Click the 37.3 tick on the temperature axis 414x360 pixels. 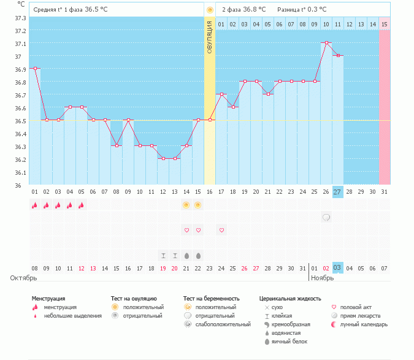20,18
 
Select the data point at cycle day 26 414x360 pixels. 326,43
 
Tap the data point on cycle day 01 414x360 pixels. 35,69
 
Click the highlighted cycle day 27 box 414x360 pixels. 337,192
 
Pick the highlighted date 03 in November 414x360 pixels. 337,268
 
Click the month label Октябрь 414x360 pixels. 23,278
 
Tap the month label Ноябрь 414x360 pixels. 323,278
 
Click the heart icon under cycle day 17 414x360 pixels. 221,230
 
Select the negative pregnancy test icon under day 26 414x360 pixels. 326,217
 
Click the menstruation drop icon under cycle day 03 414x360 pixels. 58,205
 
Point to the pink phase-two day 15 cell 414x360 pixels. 385,24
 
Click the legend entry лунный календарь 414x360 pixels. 364,324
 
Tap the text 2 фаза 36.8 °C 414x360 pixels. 243,9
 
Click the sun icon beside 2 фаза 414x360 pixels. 210,10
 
